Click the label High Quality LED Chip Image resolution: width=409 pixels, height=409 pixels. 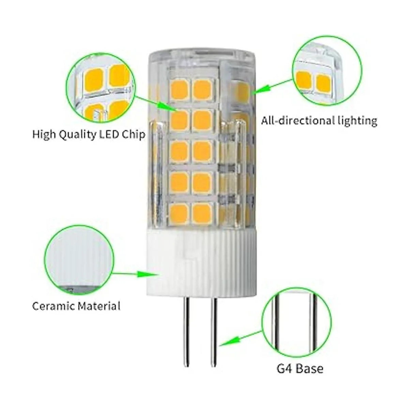(x=89, y=135)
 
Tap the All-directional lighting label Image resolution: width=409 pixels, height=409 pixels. (x=319, y=121)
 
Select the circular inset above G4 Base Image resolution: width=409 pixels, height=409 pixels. (x=297, y=323)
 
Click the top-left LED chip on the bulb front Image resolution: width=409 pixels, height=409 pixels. (x=179, y=89)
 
